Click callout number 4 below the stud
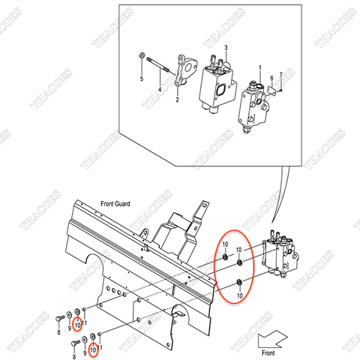[x=159, y=90]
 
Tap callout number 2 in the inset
[x=177, y=98]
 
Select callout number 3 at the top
[x=226, y=47]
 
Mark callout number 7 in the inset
[x=280, y=75]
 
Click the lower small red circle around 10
[x=93, y=349]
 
